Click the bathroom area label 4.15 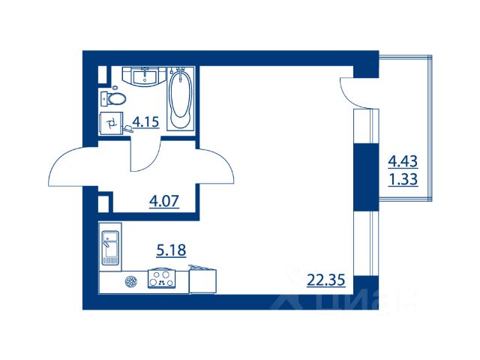[145, 122]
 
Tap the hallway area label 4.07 [164, 202]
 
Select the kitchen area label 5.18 [172, 250]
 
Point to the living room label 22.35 [326, 280]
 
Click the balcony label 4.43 [403, 161]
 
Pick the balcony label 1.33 [403, 179]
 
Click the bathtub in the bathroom [181, 99]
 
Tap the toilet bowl [113, 98]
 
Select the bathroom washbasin [145, 76]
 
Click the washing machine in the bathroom [112, 123]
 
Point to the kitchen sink [110, 247]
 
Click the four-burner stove [162, 278]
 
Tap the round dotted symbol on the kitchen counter [131, 282]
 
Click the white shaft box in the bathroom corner [102, 75]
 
